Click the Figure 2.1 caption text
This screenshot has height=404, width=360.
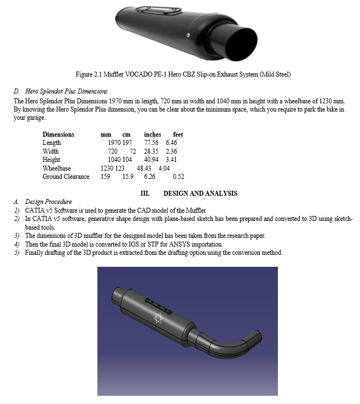coord(183,74)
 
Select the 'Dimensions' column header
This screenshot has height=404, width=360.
coord(59,134)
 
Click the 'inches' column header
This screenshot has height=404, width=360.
coord(153,134)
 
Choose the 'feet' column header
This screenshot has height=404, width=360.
coord(178,134)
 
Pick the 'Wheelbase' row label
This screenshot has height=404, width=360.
coord(56,168)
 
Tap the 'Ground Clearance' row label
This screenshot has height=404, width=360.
coord(66,177)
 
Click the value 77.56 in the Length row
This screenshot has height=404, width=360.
coord(152,143)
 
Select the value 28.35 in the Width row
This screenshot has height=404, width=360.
coord(152,151)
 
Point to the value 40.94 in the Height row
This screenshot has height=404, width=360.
coord(152,160)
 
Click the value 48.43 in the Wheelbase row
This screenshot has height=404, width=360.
coord(144,168)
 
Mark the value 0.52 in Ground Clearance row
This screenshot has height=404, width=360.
coord(178,177)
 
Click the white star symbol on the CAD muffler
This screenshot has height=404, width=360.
coord(159,318)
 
